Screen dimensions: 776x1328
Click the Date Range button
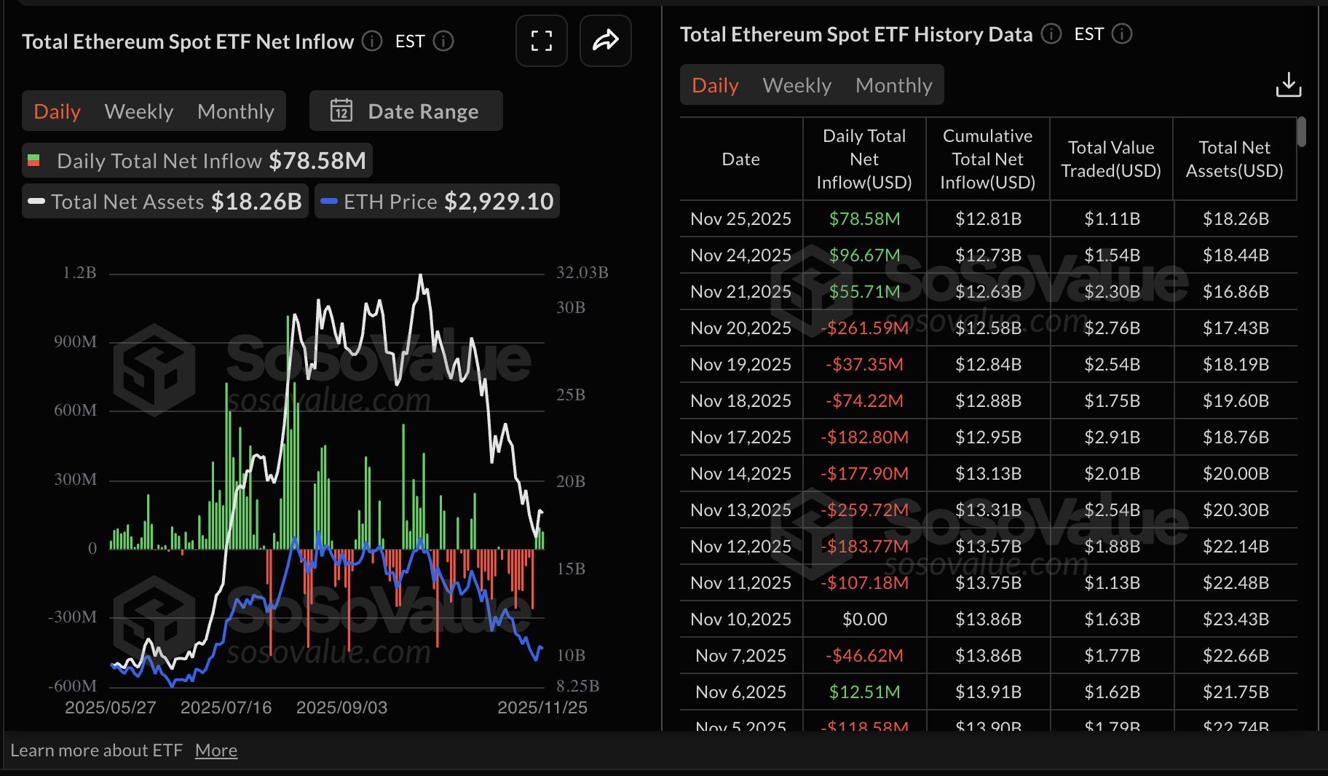tap(406, 111)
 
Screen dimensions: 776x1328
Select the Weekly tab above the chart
tap(139, 111)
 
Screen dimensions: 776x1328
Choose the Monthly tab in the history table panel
tap(893, 85)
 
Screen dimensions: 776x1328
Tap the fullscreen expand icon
tap(541, 41)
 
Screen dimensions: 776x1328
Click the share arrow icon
tap(605, 41)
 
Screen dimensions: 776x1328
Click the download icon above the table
tap(1288, 85)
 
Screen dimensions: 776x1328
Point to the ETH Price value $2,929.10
tap(499, 202)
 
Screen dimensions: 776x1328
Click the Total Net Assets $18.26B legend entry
tap(166, 202)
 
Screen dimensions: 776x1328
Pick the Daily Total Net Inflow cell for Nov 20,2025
tap(864, 328)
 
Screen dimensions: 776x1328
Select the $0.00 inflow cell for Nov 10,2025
tap(864, 619)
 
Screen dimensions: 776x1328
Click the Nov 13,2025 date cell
tap(740, 510)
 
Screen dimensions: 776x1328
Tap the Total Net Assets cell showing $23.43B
tap(1236, 619)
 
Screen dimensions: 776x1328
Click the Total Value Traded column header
tap(1111, 159)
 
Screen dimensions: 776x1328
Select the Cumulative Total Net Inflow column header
tap(987, 159)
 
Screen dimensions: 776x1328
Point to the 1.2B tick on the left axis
tap(79, 273)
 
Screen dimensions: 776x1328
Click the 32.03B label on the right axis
tap(582, 273)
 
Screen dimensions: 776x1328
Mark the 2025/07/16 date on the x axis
tap(226, 708)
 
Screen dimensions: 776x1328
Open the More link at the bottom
tap(216, 751)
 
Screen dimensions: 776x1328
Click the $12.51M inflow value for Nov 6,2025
tap(864, 692)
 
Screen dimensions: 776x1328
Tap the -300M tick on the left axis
tap(73, 617)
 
